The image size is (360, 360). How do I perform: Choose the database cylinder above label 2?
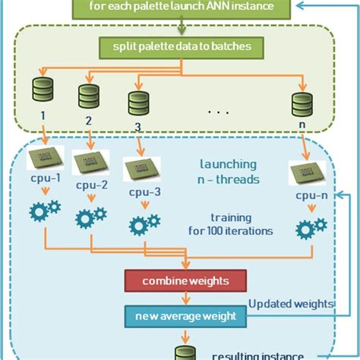[87, 97]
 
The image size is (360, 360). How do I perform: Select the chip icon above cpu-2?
[90, 163]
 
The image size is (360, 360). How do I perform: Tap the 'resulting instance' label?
[251, 354]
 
